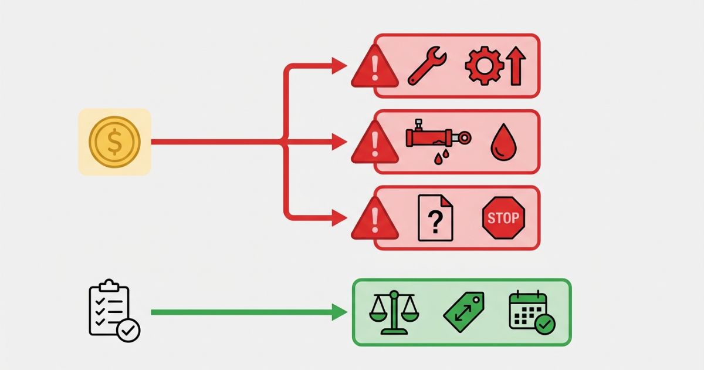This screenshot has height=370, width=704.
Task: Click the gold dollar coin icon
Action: [x=115, y=142]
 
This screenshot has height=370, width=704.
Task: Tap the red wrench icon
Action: [x=427, y=66]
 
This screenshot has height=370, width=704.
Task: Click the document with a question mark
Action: [x=435, y=218]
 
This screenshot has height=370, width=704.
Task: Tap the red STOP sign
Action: [x=503, y=218]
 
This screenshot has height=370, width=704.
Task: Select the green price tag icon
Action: [x=464, y=311]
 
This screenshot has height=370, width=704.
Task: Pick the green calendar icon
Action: [x=528, y=310]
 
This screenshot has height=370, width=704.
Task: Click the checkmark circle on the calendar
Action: [x=544, y=324]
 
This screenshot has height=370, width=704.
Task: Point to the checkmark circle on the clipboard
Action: [x=128, y=330]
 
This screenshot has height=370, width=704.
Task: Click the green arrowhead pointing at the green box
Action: [x=340, y=312]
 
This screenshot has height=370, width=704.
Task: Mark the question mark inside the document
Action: [x=435, y=221]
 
